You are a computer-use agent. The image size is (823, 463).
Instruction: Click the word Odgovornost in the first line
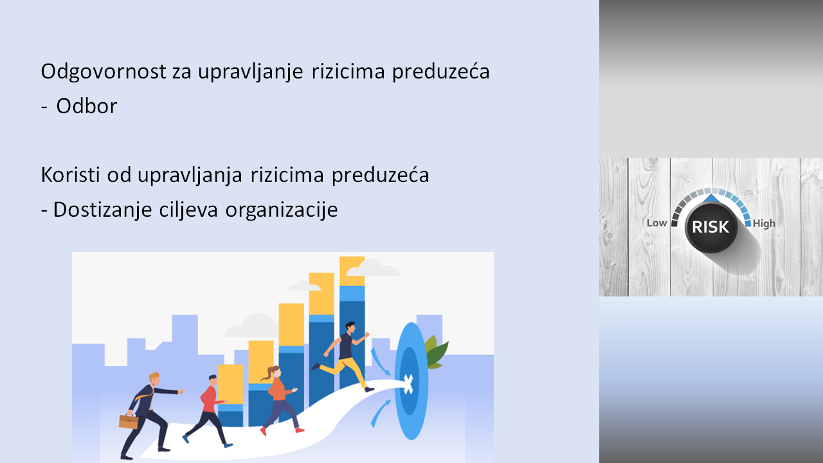click(104, 71)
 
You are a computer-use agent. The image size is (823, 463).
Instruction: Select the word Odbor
click(86, 106)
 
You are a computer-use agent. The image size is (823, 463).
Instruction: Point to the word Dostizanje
click(102, 210)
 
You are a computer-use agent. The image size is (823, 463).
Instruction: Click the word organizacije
click(282, 210)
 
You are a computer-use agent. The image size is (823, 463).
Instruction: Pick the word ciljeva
click(188, 210)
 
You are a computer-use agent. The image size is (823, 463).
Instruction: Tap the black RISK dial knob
click(711, 227)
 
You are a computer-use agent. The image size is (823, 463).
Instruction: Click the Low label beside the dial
click(656, 223)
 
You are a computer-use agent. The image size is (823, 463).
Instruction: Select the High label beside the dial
click(764, 223)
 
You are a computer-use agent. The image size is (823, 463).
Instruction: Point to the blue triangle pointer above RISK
click(712, 199)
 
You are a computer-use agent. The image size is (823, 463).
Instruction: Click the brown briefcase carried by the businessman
click(129, 421)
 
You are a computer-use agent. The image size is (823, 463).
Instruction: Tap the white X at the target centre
click(408, 385)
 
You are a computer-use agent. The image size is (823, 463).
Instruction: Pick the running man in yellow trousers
click(343, 358)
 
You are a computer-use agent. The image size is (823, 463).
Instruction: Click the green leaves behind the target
click(436, 352)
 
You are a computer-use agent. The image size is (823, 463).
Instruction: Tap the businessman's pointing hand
click(181, 392)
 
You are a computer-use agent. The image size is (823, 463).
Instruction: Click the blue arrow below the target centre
click(380, 413)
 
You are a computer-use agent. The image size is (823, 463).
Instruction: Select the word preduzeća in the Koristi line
click(380, 176)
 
